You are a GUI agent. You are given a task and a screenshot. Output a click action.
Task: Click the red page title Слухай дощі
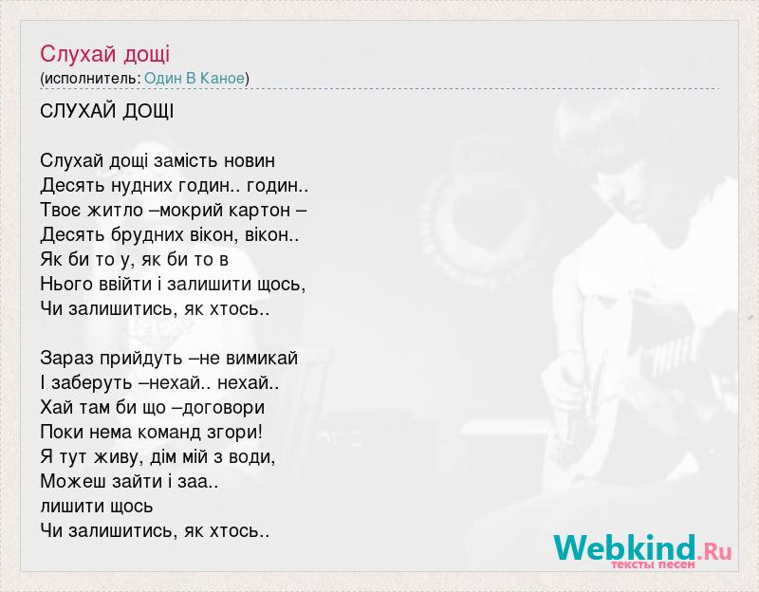(x=105, y=54)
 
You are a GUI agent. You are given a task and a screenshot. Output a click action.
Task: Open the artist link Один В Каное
(x=194, y=78)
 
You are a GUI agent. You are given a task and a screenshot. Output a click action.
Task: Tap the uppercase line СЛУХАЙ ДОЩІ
(x=107, y=111)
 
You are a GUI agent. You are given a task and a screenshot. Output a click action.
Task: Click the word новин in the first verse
(x=250, y=160)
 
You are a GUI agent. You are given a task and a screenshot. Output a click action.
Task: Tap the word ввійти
(x=125, y=284)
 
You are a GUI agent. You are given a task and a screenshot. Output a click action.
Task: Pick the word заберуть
(x=92, y=383)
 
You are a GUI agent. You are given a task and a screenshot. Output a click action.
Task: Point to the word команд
(x=174, y=433)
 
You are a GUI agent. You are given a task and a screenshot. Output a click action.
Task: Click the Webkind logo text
(x=625, y=547)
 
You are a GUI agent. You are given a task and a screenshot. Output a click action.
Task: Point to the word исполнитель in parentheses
(x=92, y=79)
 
